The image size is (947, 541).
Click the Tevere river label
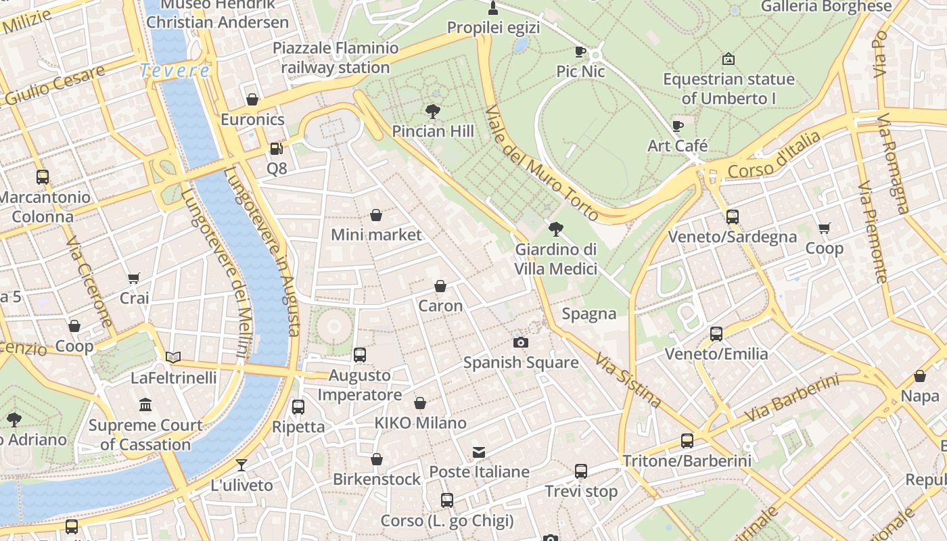tap(175, 70)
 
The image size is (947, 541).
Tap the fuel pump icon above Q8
tap(276, 148)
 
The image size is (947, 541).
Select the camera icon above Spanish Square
tap(520, 342)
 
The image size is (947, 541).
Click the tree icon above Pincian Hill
tap(433, 111)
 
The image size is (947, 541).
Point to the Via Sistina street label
tap(628, 379)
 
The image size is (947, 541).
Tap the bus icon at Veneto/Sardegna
tap(732, 217)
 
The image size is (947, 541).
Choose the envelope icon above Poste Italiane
tap(479, 452)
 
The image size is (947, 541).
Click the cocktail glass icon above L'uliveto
tap(241, 465)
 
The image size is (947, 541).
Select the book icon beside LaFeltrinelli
tap(173, 357)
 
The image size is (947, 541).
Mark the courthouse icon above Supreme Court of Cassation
tap(145, 405)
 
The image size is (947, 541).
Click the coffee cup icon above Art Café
tap(678, 126)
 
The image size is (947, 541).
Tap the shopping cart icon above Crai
tap(134, 278)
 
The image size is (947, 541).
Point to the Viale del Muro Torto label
tap(542, 163)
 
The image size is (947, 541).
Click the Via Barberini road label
tap(791, 398)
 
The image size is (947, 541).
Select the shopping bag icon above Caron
tap(440, 286)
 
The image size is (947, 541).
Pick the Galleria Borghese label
tap(826, 7)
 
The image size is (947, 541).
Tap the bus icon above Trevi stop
tap(581, 471)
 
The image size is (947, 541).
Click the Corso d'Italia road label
tap(775, 156)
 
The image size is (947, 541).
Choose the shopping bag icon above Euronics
tap(252, 100)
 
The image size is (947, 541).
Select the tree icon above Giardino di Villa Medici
tap(556, 229)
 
